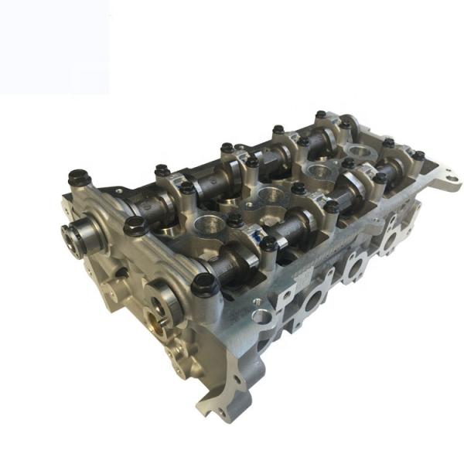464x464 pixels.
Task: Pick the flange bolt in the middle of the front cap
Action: tap(135, 225)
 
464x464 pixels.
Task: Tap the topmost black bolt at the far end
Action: tap(321, 115)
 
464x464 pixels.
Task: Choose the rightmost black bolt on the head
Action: tap(418, 155)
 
